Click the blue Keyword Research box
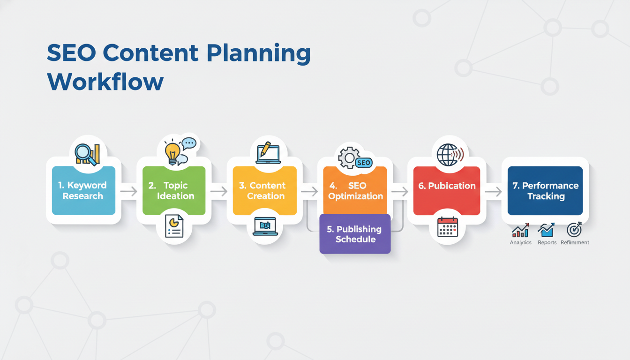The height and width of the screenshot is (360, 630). [x=83, y=190]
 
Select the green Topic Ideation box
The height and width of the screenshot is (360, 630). [x=174, y=190]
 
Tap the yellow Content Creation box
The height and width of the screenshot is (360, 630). [x=264, y=190]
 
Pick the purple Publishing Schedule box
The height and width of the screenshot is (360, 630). [x=355, y=234]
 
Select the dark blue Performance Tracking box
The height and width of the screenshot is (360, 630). [x=545, y=190]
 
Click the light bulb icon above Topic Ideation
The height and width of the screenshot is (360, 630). [x=173, y=151]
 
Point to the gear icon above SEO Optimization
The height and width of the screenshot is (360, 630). [x=348, y=157]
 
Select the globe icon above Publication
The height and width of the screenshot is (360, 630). [x=446, y=155]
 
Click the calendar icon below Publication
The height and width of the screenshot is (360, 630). [x=447, y=227]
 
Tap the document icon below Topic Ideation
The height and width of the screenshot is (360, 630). [x=174, y=226]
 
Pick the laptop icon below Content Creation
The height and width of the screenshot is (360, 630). [x=265, y=226]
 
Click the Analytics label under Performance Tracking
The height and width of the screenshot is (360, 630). [x=520, y=243]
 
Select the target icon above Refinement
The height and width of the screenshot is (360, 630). [x=574, y=230]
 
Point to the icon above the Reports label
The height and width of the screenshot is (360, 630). [x=546, y=230]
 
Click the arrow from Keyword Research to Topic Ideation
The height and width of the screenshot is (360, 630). [x=128, y=191]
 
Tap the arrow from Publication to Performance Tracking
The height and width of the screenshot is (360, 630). [x=493, y=191]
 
